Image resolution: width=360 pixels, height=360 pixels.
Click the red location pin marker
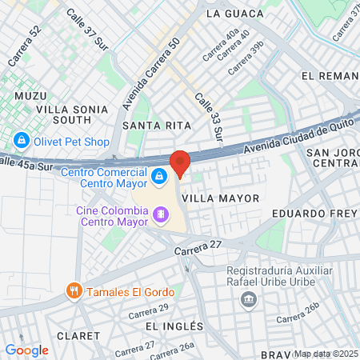click(180, 163)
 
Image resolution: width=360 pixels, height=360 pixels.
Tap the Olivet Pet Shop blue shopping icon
click(22, 142)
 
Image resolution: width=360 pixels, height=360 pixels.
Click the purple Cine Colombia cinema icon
click(161, 214)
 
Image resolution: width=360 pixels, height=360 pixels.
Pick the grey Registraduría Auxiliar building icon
click(249, 299)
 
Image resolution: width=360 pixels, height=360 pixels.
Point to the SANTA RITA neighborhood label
click(157, 126)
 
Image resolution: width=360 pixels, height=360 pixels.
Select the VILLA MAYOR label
click(220, 197)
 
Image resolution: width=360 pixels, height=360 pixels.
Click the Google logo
click(26, 350)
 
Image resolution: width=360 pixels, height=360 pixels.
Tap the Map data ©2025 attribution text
click(326, 354)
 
